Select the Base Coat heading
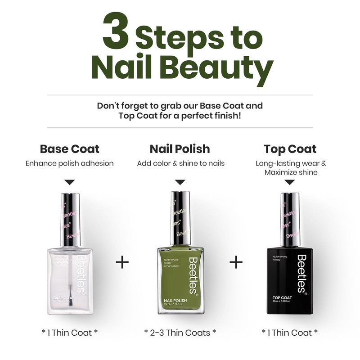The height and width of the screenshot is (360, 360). pyautogui.click(x=70, y=149)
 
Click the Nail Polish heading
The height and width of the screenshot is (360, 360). pyautogui.click(x=180, y=149)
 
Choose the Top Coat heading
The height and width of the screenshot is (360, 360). pyautogui.click(x=290, y=149)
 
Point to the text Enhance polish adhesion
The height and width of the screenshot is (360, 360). pyautogui.click(x=70, y=163)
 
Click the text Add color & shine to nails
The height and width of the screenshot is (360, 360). pyautogui.click(x=180, y=163)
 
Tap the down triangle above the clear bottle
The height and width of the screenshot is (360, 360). pyautogui.click(x=70, y=182)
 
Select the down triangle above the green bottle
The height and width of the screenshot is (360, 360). pyautogui.click(x=180, y=182)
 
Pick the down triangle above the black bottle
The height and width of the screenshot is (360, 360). pyautogui.click(x=290, y=182)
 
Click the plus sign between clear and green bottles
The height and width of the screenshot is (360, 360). pyautogui.click(x=122, y=262)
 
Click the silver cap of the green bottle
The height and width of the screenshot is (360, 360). pyautogui.click(x=180, y=218)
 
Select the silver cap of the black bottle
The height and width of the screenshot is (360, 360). pyautogui.click(x=290, y=219)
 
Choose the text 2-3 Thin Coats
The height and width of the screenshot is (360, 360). pyautogui.click(x=180, y=333)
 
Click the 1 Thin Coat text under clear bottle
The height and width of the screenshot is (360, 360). pyautogui.click(x=70, y=333)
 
